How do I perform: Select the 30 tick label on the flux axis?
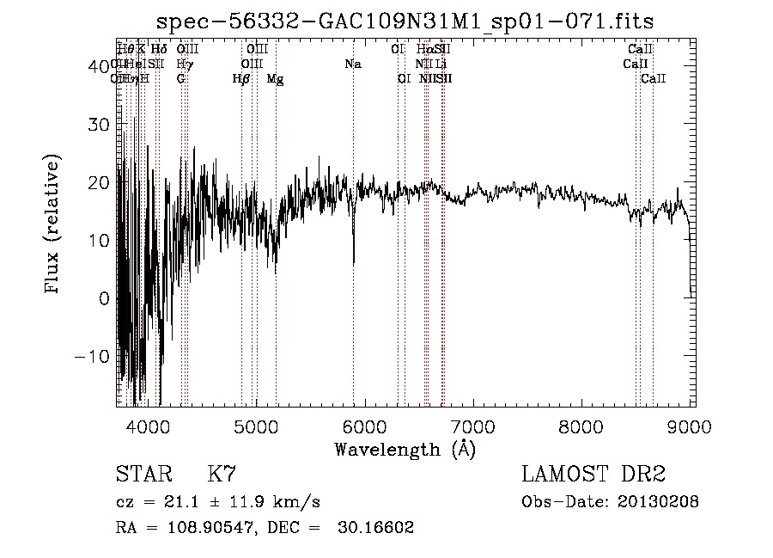pos(100,124)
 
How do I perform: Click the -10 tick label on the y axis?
pos(94,357)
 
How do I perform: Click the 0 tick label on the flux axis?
pos(105,298)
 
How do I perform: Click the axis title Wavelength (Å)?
pos(405,448)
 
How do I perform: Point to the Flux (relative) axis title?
pos(53,225)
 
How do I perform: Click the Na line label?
pos(353,64)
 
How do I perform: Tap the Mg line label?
pos(275,78)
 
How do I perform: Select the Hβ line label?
pos(241,78)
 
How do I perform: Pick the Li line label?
pos(441,64)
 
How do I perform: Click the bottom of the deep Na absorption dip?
pos(354,263)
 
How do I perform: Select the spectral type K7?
pos(222,475)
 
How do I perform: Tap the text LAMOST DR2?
pos(593,475)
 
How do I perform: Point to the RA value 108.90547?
pos(198,528)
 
